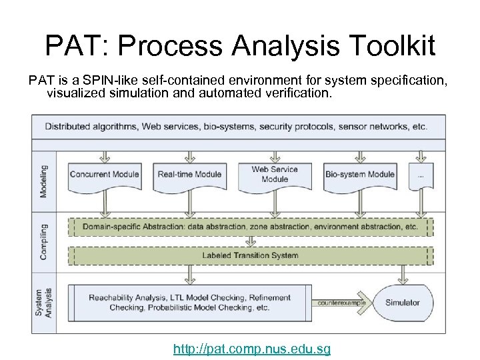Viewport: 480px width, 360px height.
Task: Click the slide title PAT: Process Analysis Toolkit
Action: (x=240, y=47)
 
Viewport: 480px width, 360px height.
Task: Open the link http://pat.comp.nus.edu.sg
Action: (x=251, y=349)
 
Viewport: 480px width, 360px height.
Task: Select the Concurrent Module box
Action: (x=105, y=175)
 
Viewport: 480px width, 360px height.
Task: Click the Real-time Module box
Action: (x=189, y=175)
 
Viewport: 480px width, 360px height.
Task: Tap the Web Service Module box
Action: (x=275, y=175)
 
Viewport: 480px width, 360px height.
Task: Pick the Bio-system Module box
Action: (x=360, y=175)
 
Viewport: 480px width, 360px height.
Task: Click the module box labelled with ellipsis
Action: (x=420, y=175)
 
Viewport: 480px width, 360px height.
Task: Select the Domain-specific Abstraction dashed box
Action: (x=251, y=227)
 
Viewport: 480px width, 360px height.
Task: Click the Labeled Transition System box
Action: (x=251, y=255)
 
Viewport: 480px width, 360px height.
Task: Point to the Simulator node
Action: (x=403, y=303)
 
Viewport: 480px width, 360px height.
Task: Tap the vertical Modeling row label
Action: (x=44, y=181)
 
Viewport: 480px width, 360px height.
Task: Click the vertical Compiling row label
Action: (x=44, y=241)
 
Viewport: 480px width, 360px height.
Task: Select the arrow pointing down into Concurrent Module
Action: (x=105, y=156)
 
